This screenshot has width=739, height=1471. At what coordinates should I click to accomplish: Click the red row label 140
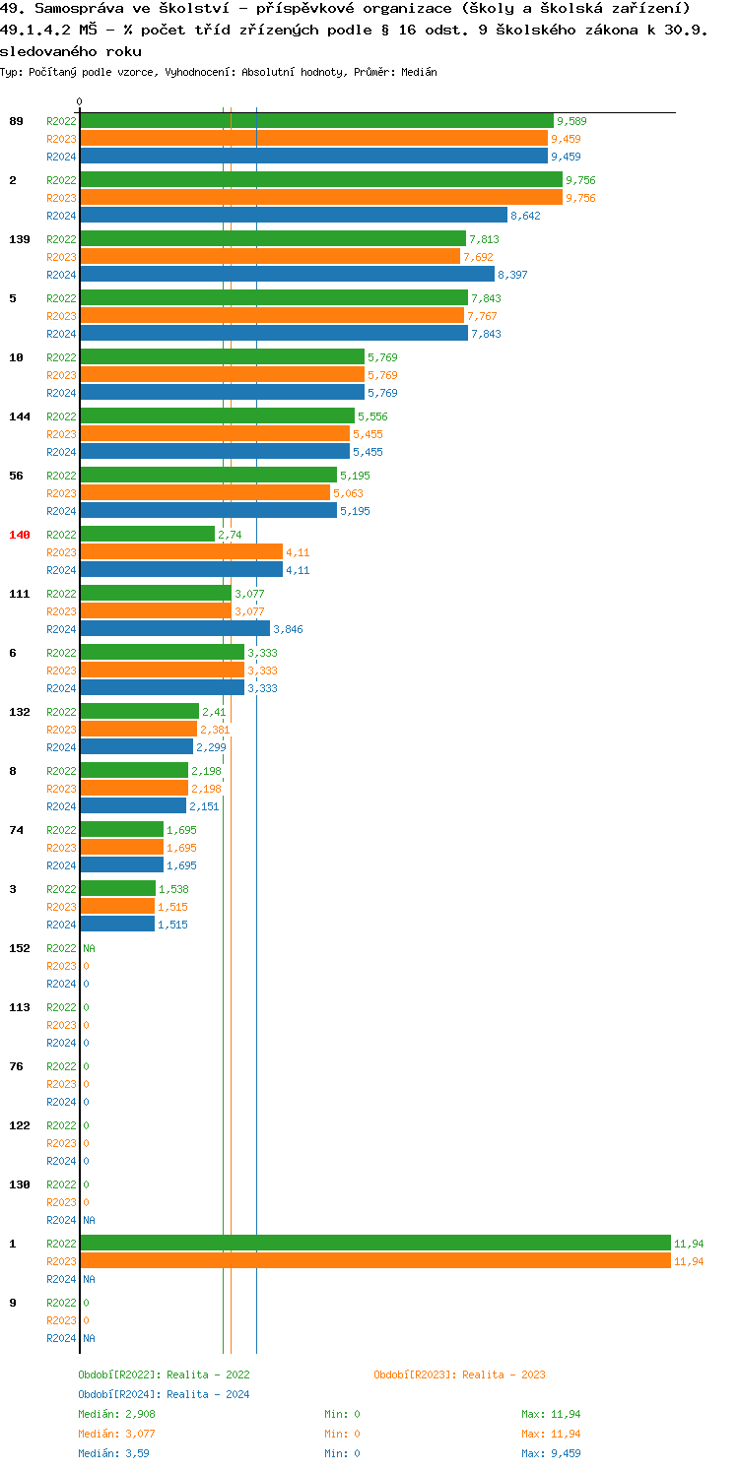pos(20,535)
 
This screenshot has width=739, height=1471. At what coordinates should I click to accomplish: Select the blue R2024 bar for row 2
pos(294,216)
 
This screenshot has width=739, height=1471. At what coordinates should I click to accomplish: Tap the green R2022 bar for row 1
pos(374,1244)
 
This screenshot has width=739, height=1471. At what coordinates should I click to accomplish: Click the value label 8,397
pos(512,275)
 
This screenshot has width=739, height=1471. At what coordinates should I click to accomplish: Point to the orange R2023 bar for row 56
pos(205,493)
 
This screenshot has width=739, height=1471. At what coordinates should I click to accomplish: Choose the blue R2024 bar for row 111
pos(174,629)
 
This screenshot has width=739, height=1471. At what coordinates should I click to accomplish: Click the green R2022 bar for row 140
pos(147,535)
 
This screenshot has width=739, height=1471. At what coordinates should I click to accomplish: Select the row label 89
pos(16,121)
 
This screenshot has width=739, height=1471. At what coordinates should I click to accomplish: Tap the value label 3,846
pos(288,629)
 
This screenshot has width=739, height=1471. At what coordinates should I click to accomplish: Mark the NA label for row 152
pos(89,948)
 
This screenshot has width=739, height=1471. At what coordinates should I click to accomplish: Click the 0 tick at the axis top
pos(80,101)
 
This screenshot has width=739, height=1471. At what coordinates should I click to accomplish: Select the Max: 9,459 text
pos(551,1453)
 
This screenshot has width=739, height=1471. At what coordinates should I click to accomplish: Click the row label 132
pos(20,712)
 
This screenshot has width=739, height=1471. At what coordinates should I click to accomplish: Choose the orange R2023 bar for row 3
pos(117,907)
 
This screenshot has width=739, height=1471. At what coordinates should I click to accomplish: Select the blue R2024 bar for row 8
pos(133,806)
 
